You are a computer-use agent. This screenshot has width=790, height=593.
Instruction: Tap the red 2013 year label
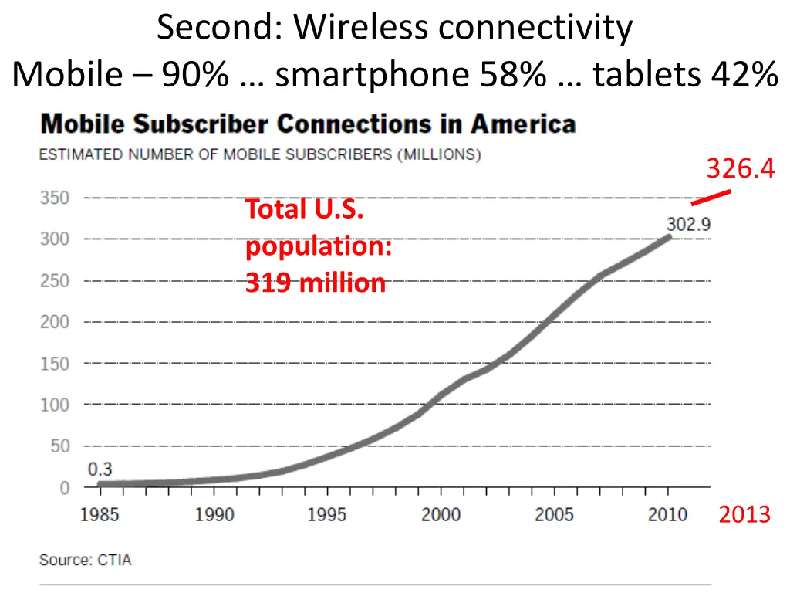pos(744,515)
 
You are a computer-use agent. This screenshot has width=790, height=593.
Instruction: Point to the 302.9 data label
pos(688,225)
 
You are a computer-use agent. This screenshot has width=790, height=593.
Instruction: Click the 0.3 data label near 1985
pos(100,469)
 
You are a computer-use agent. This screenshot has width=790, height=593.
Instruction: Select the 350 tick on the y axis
pos(55,198)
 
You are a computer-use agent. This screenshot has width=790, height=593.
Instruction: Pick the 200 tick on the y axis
pos(55,322)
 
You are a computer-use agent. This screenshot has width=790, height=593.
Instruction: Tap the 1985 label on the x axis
pos(100,515)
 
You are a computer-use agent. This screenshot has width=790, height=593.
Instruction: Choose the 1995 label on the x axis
pos(327,515)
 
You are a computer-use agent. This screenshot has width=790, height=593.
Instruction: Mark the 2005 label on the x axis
pos(554,515)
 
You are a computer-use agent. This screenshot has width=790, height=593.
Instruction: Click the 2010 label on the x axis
pos(667,515)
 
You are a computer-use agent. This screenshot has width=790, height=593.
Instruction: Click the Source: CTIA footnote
pos(86,561)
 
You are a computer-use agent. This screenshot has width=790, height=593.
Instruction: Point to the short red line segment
pos(711,198)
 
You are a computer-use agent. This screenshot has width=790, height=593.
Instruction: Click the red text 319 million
pos(316,283)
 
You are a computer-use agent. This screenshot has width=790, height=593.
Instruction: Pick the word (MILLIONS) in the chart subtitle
pos(439,154)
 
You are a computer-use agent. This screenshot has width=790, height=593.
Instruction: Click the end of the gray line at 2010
pos(667,237)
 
